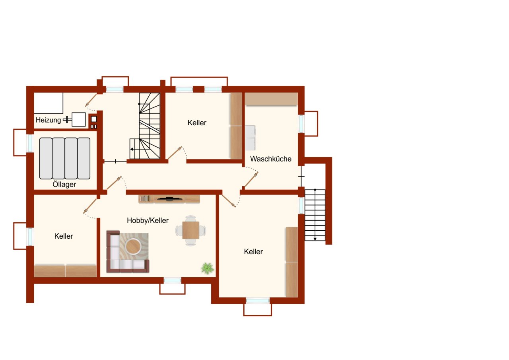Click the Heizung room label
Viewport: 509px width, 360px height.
tap(48, 120)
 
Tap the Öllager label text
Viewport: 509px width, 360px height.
tap(64, 185)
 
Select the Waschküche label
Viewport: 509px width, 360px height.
tap(270, 159)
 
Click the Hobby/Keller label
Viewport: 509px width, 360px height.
tap(148, 220)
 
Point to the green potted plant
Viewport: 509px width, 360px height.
tap(207, 268)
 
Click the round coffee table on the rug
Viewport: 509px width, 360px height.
tap(133, 246)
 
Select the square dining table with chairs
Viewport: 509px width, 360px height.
tap(191, 230)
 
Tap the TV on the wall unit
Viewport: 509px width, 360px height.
tap(169, 198)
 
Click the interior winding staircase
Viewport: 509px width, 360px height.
tap(148, 125)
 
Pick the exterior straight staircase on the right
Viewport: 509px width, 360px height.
tap(315, 215)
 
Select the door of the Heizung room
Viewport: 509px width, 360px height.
tap(91, 100)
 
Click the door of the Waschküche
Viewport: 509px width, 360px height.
tap(251, 180)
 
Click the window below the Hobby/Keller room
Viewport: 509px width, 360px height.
tap(172, 281)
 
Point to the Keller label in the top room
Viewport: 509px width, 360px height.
tap(197, 123)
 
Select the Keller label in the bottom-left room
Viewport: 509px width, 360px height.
tap(64, 236)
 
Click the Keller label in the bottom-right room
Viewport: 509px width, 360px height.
tap(253, 252)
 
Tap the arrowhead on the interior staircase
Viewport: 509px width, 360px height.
tap(132, 150)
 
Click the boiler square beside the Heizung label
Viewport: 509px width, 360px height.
tap(79, 119)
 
